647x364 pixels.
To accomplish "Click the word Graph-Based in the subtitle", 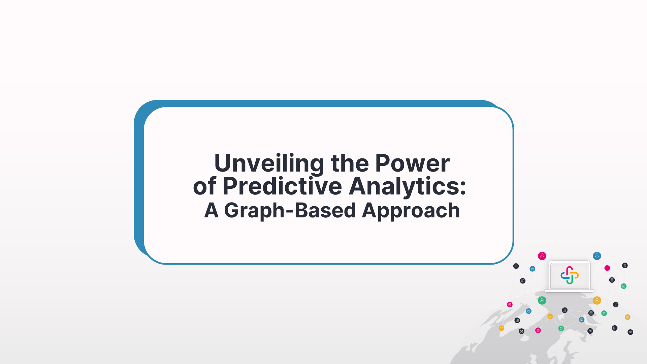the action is (x=290, y=211).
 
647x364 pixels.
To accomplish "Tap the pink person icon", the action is (x=542, y=256).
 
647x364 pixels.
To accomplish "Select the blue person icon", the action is (x=597, y=256).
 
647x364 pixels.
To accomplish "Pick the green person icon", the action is (x=542, y=300).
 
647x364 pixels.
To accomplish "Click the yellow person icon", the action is (x=597, y=300).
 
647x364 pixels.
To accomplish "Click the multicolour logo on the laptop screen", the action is (x=570, y=275).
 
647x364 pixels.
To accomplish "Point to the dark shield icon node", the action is (x=625, y=266).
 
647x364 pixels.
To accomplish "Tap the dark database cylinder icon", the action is (x=612, y=280).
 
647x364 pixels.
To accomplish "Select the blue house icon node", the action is (x=532, y=269).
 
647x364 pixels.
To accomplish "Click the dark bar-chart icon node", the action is (x=517, y=321).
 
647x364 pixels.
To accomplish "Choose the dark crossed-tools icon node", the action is (x=521, y=331).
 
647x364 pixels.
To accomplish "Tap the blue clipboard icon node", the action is (x=529, y=311).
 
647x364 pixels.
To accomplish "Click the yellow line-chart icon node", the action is (x=550, y=316).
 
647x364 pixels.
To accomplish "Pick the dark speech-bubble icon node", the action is (x=615, y=328).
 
